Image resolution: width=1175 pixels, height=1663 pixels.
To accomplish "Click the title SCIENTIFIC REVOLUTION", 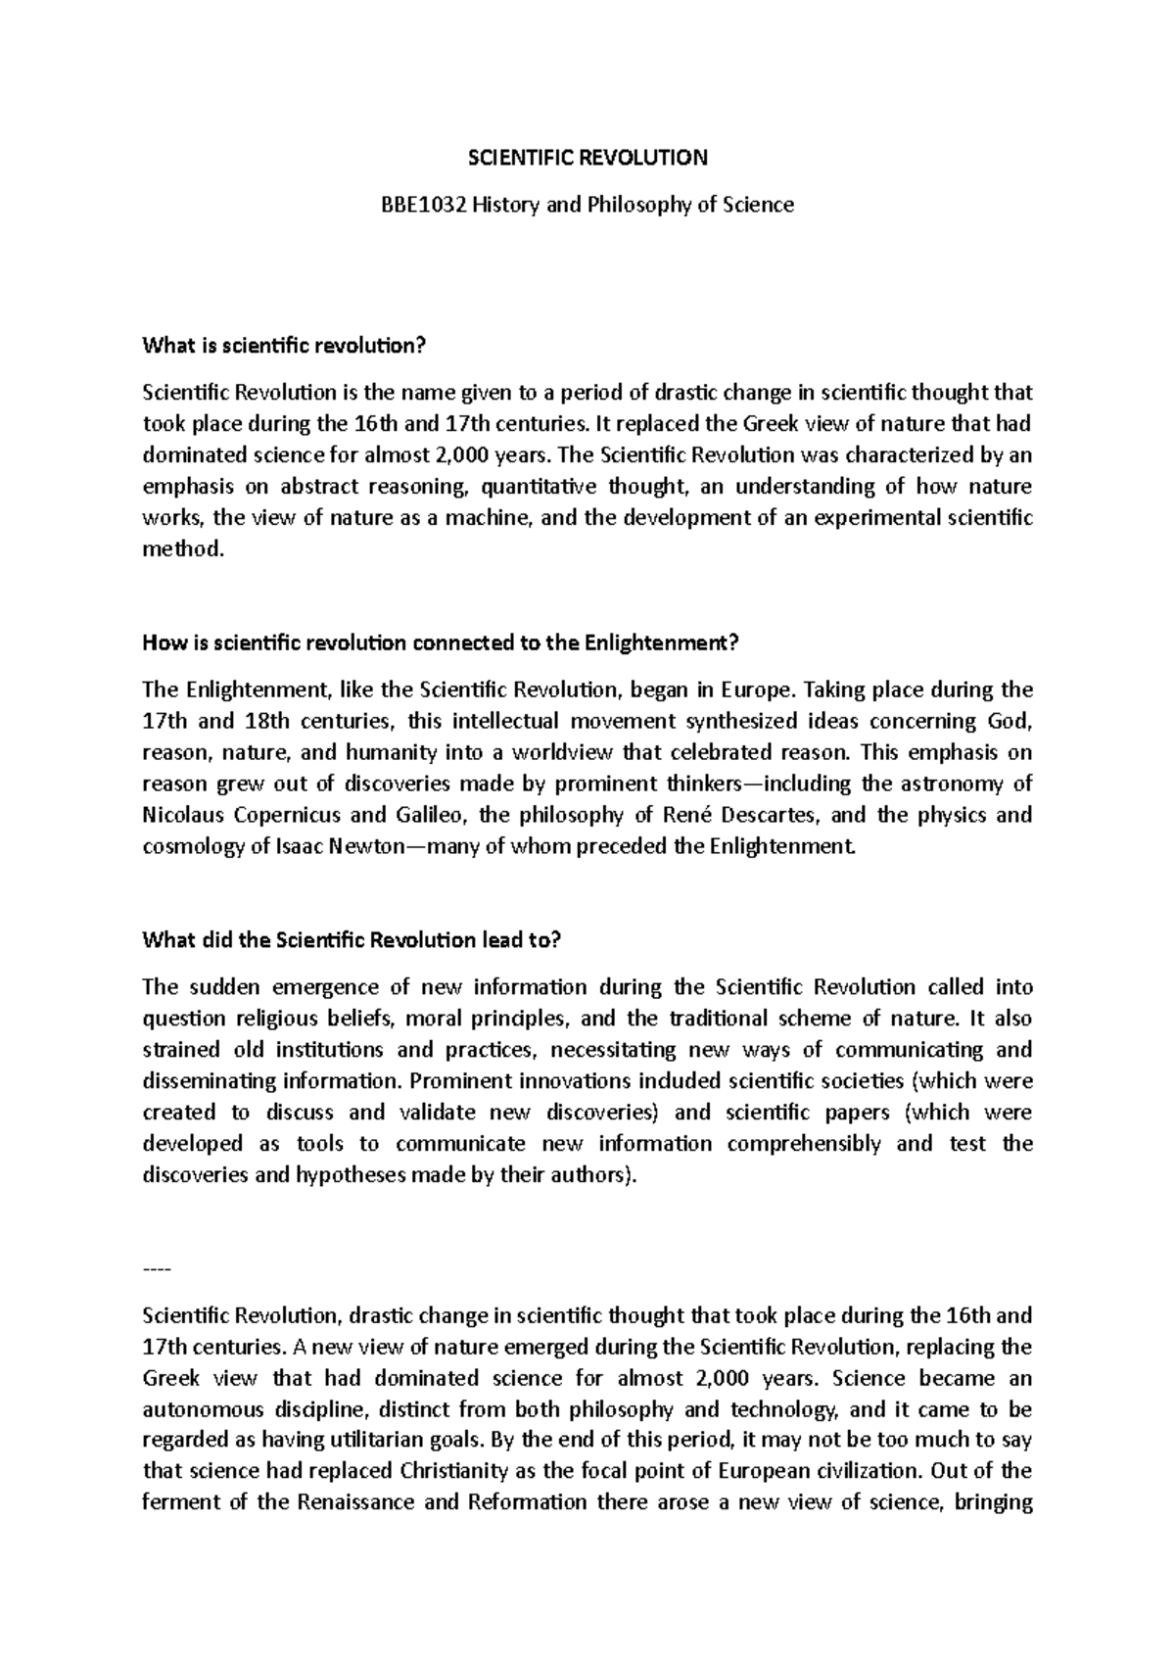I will point(587,157).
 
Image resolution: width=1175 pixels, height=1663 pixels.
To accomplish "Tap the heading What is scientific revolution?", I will point(286,345).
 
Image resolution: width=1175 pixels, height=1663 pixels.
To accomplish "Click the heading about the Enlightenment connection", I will point(439,643).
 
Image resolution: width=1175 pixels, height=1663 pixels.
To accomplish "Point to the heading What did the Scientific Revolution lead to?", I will point(352,940).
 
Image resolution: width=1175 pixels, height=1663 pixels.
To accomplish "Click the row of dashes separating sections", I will point(157,1269).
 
